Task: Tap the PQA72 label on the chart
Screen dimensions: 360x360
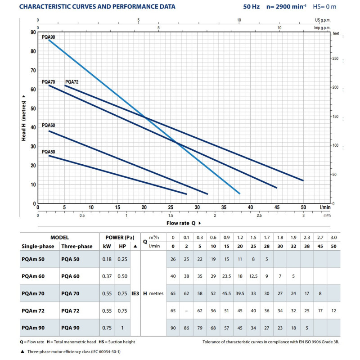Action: point(72,81)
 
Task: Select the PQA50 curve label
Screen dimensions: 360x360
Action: point(48,152)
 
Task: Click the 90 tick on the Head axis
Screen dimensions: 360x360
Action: point(33,32)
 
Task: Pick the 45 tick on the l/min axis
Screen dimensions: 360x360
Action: point(277,207)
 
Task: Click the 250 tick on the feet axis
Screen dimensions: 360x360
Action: point(335,58)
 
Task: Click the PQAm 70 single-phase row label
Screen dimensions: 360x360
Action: point(34,293)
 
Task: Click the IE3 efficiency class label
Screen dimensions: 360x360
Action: point(135,293)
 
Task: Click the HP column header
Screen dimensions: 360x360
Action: point(121,246)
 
